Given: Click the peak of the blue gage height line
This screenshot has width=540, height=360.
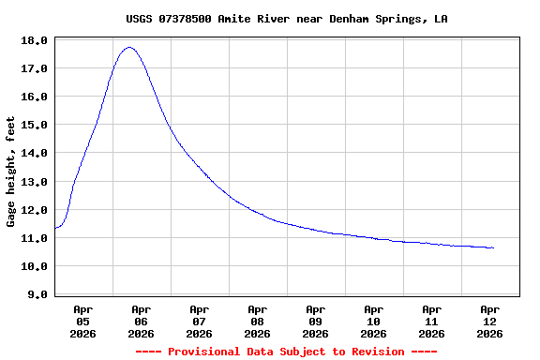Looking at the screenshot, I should (129, 48).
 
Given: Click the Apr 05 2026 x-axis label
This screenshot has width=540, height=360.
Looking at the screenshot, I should (82, 321).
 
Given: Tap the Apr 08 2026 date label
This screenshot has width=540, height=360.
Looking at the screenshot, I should (257, 321).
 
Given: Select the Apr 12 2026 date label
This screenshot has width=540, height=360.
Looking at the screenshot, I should (489, 321).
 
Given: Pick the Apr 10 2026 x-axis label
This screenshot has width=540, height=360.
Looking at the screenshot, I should (373, 321).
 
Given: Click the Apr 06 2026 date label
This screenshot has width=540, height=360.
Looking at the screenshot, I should (141, 321).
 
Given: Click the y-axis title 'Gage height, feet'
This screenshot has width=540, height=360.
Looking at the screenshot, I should (11, 172).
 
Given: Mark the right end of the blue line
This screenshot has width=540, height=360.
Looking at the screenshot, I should (493, 247).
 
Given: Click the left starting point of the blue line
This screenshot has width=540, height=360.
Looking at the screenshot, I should (55, 228).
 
